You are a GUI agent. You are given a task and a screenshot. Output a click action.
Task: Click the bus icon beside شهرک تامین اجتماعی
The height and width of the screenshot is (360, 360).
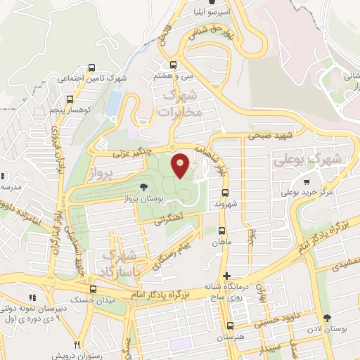91,68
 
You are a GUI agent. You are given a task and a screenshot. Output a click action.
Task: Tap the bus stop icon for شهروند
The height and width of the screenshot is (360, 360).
226,192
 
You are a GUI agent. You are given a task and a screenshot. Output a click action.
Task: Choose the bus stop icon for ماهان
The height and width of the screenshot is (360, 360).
222,231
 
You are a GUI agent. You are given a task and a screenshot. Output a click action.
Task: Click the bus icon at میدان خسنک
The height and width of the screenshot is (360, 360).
93,289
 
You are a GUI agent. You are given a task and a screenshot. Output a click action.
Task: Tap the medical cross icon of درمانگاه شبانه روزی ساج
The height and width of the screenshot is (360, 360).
226,276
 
